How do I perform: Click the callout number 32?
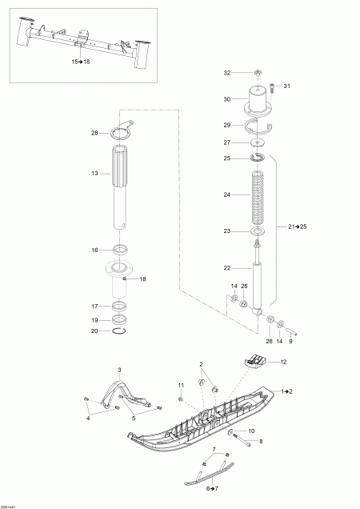pos(226,73)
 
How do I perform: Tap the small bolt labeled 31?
pos(273,86)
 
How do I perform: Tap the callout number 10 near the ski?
pos(250,431)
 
